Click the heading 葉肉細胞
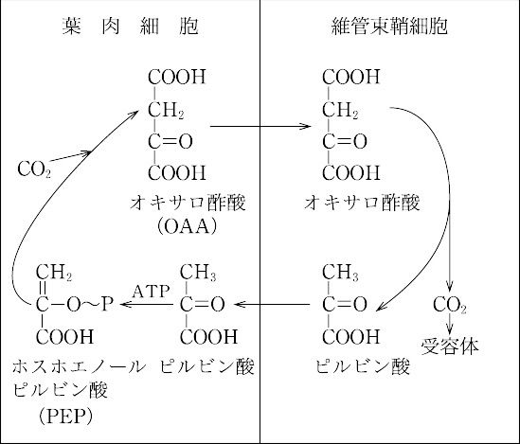[x=130, y=26]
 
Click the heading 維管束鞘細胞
[x=389, y=26]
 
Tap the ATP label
[x=152, y=292]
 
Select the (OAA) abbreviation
[x=187, y=226]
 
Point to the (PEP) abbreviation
[x=65, y=417]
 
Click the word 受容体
[x=450, y=346]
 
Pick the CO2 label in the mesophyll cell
[x=34, y=169]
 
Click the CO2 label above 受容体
[x=449, y=305]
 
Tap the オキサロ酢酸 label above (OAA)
[x=188, y=203]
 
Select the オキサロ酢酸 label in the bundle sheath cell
[x=362, y=203]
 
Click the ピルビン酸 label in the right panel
[x=363, y=366]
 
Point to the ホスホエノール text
[x=79, y=366]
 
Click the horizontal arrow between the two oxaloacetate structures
[x=260, y=126]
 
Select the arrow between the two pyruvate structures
[x=272, y=304]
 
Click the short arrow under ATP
[x=147, y=304]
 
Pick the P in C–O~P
[x=107, y=304]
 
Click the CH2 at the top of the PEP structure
[x=54, y=273]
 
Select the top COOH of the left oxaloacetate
[x=177, y=77]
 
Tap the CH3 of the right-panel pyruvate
[x=340, y=273]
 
